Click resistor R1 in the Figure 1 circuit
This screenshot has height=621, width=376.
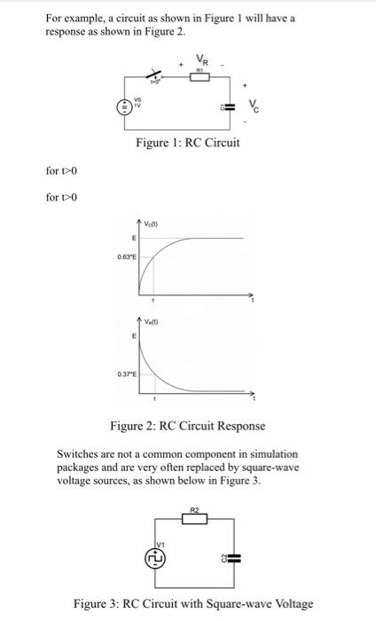201,78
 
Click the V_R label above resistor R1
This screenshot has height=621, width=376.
203,61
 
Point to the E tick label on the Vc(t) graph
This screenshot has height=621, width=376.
133,239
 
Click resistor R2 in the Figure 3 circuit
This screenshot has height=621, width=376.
196,519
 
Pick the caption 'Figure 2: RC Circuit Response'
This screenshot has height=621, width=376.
188,427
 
